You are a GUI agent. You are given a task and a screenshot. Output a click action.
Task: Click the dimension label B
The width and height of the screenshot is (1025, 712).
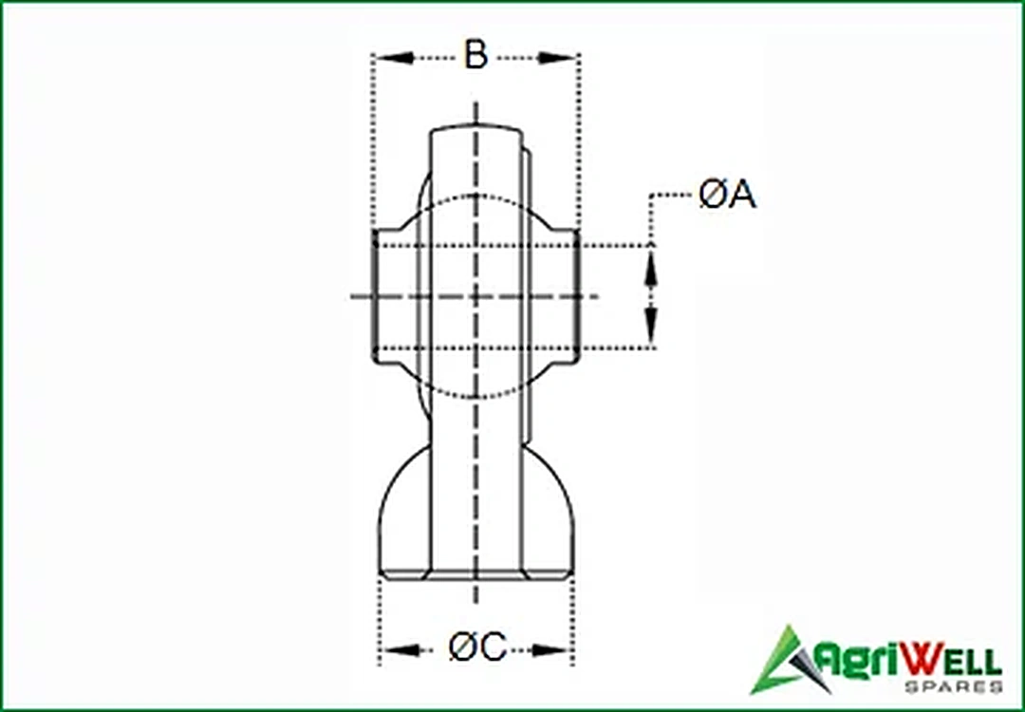click(x=475, y=55)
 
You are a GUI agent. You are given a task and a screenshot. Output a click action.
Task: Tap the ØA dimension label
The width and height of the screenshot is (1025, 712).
click(x=727, y=195)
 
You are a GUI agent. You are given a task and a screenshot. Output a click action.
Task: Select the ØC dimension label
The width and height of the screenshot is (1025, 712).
click(x=477, y=648)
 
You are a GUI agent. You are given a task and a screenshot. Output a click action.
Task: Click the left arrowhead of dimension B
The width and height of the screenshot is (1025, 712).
click(x=394, y=58)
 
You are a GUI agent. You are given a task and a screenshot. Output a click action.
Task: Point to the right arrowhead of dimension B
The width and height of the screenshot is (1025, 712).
click(x=557, y=58)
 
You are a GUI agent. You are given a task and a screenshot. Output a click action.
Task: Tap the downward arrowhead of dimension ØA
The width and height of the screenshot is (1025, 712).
click(x=650, y=327)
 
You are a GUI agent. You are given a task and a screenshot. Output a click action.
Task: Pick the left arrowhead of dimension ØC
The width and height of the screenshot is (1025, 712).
click(x=401, y=650)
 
